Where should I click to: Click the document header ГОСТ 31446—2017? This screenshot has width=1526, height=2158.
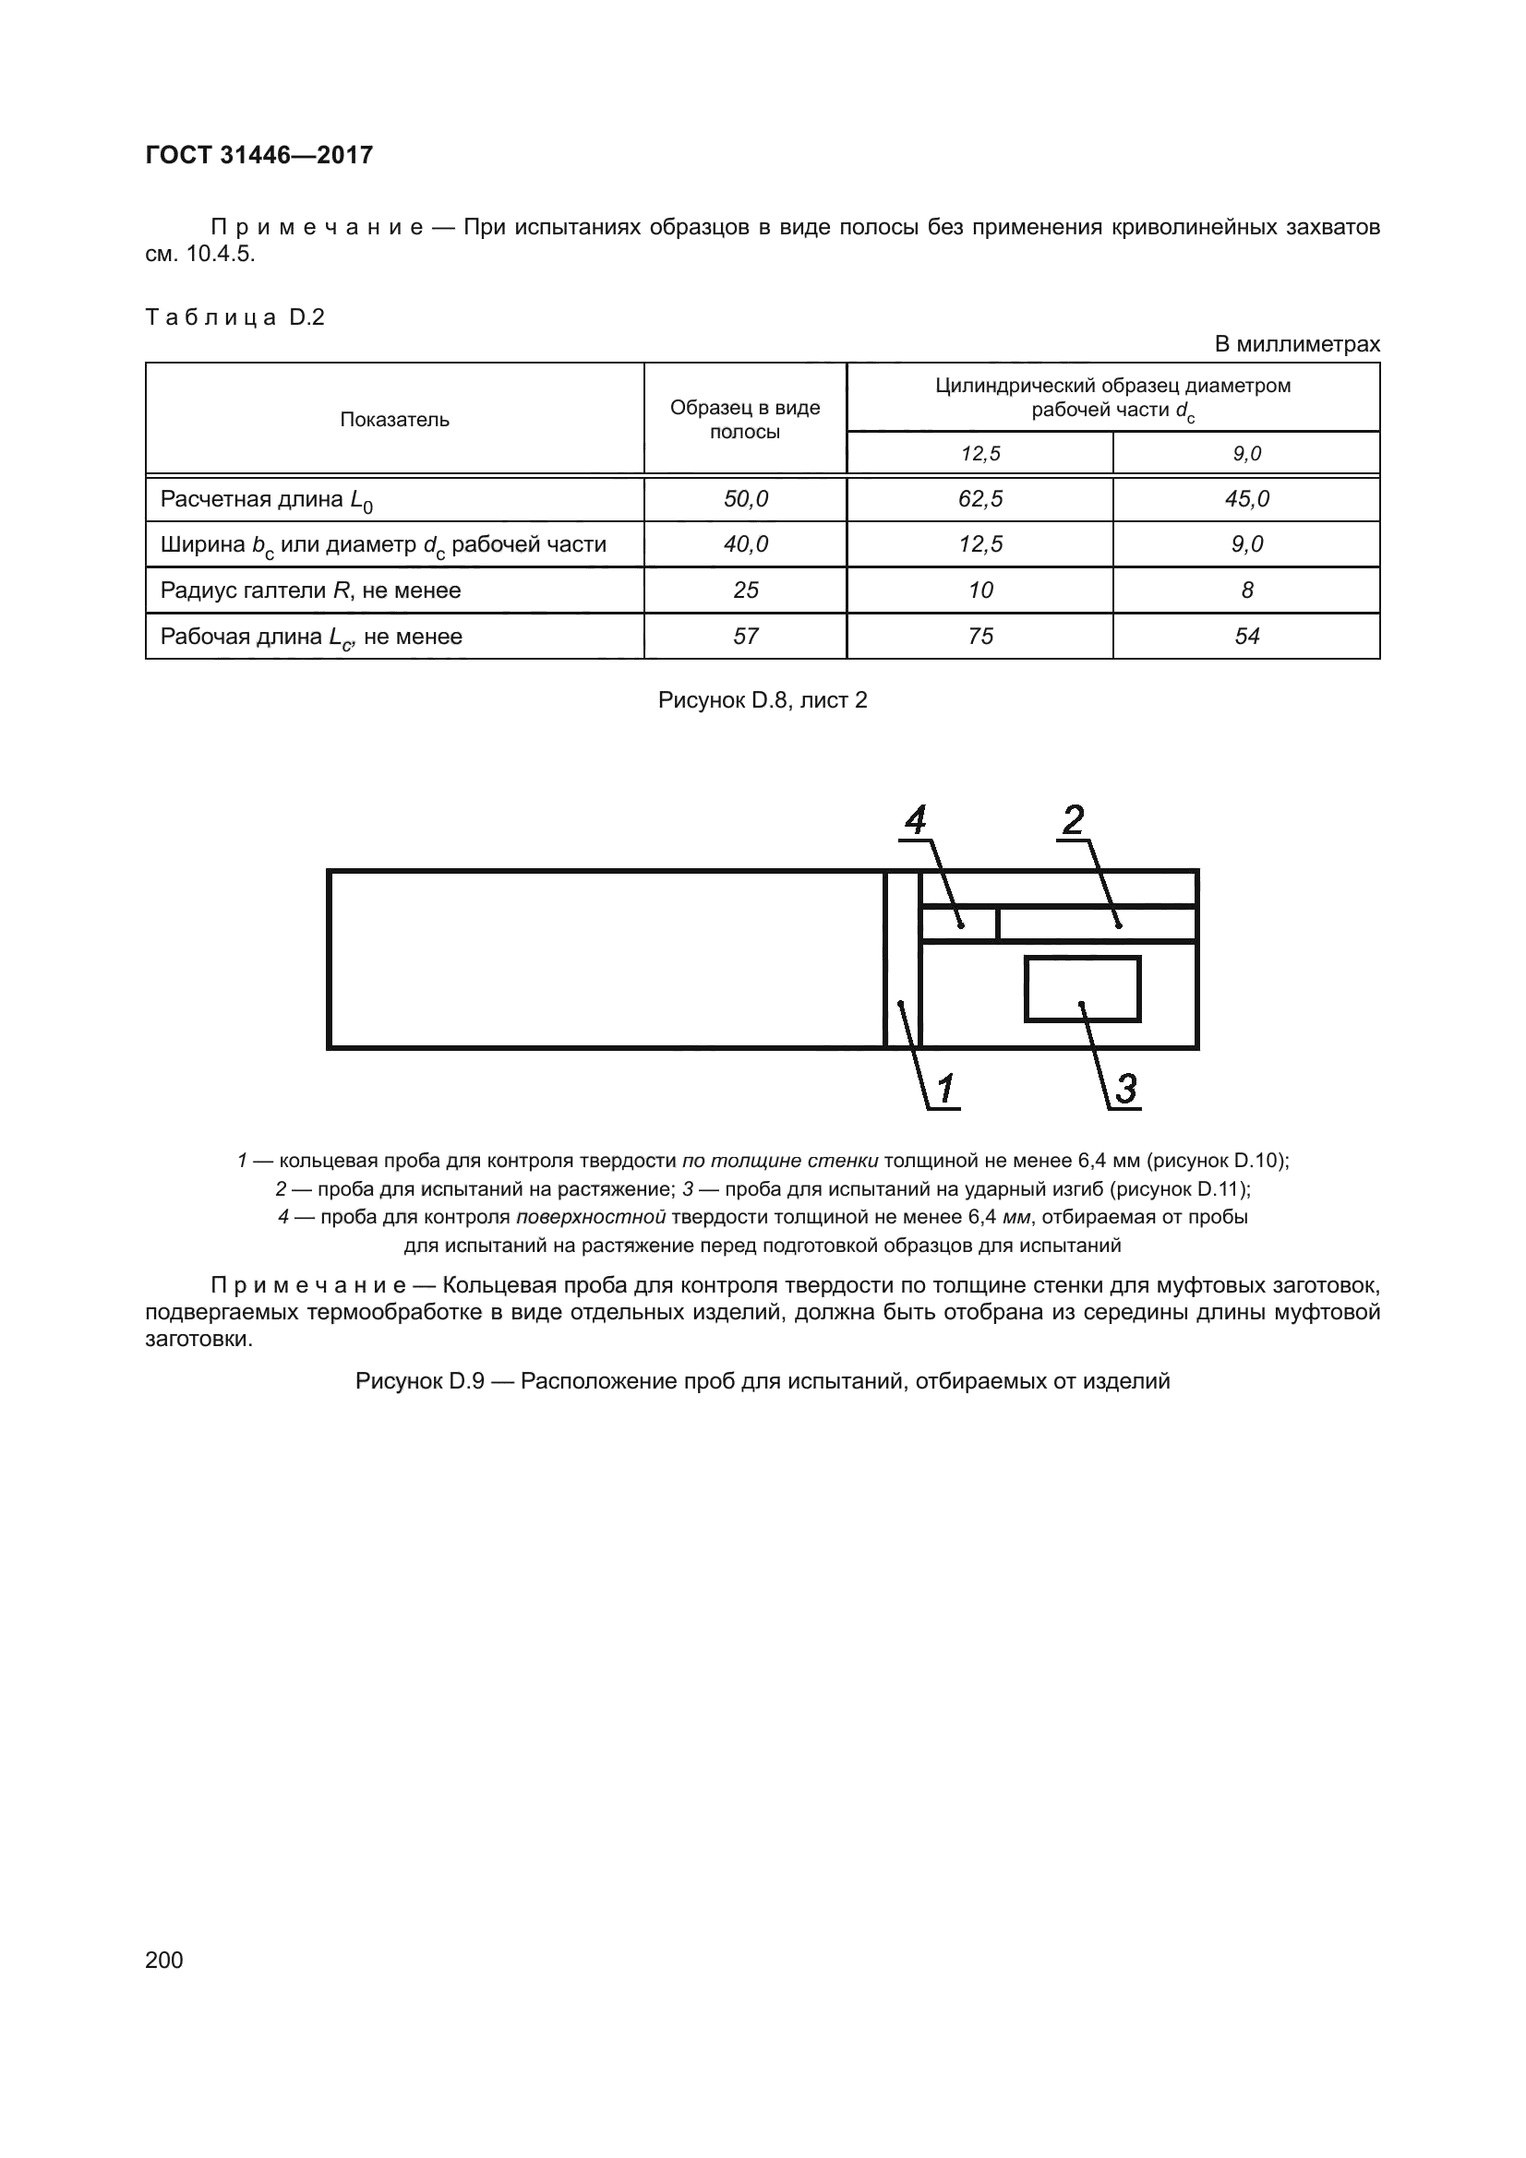(x=259, y=155)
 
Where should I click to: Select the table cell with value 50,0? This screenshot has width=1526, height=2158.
(x=745, y=499)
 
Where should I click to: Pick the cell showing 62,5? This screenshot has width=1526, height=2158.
(x=979, y=499)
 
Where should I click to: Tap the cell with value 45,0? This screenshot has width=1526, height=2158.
(x=1247, y=499)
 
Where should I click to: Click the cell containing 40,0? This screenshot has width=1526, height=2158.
(x=745, y=544)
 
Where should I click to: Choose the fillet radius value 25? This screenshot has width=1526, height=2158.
(x=745, y=590)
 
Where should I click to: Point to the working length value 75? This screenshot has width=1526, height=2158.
(x=979, y=637)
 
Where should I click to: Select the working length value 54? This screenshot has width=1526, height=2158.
(x=1247, y=637)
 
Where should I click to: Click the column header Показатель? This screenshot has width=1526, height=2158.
(x=394, y=419)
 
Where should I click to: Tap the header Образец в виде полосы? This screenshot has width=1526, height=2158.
(x=745, y=419)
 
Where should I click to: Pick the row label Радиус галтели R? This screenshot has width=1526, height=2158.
(x=310, y=590)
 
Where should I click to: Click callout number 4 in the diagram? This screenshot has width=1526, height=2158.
(x=915, y=820)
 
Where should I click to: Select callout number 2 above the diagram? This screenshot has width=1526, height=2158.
(x=1073, y=820)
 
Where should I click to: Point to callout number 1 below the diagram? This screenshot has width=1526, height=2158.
(x=946, y=1090)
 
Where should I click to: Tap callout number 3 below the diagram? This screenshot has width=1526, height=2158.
(x=1125, y=1090)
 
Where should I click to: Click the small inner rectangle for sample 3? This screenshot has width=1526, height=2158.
(x=1082, y=989)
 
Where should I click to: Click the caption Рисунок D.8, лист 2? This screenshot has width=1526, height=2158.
(x=763, y=700)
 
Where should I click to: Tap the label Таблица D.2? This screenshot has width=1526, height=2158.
(x=235, y=317)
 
